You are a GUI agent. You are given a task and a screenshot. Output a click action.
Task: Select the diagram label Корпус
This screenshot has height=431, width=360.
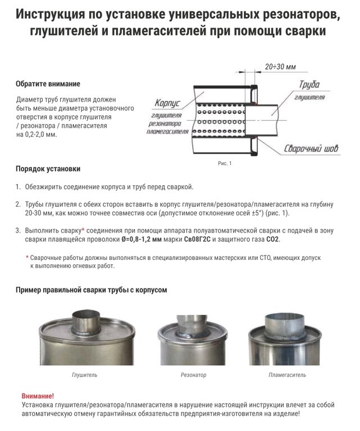click(166, 104)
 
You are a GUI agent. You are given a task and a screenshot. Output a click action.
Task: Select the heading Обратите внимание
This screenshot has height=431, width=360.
click(48, 84)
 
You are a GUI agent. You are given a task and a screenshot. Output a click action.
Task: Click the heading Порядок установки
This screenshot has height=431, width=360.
click(48, 168)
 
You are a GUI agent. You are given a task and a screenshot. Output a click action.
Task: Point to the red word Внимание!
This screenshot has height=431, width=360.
click(38, 396)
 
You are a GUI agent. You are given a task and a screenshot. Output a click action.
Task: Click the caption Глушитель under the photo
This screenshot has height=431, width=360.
click(84, 374)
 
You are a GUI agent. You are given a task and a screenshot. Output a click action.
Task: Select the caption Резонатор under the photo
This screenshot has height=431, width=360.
click(193, 374)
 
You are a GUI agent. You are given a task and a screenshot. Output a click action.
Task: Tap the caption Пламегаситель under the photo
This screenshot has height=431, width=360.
click(287, 374)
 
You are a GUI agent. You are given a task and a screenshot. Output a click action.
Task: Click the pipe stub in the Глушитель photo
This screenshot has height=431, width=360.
click(84, 320)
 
